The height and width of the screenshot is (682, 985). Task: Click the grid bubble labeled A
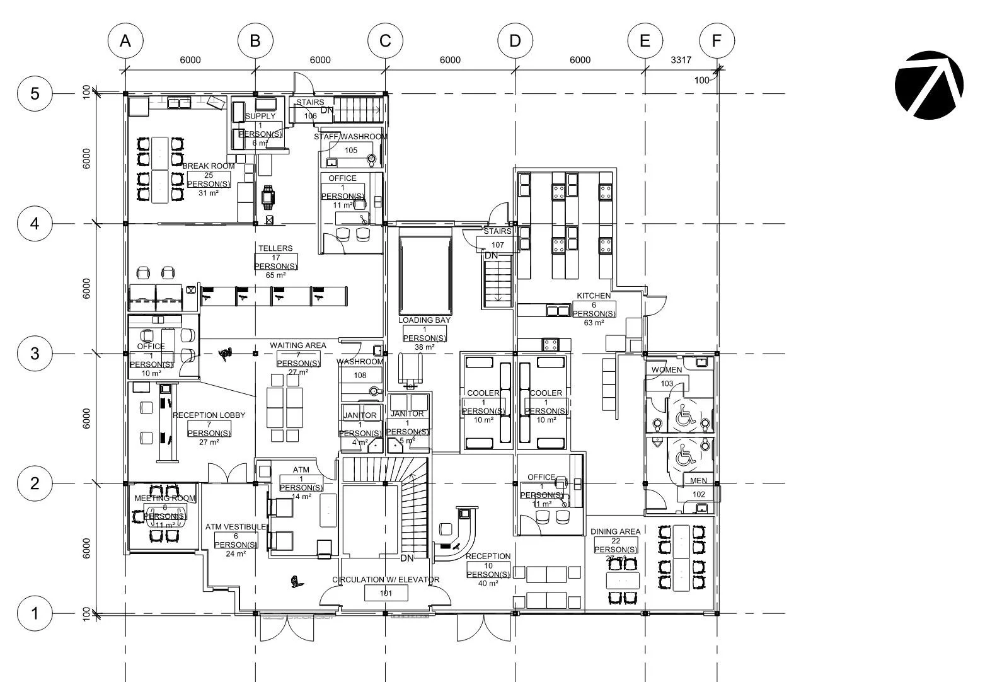coord(125,41)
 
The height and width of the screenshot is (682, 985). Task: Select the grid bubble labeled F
coord(717,41)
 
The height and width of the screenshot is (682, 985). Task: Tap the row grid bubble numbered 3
coord(35,354)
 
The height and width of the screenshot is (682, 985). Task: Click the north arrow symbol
coord(929,85)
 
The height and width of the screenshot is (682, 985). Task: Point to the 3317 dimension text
coord(681,61)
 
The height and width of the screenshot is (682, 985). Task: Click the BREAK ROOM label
coord(209,166)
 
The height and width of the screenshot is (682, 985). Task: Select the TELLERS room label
coord(275,248)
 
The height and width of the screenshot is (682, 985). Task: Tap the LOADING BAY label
coord(424,320)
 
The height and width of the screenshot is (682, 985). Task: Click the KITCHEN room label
coord(594,296)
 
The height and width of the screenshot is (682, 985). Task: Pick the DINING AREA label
coord(615,531)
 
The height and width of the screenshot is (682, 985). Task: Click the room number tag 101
coord(386,593)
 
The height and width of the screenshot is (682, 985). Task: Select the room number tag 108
coord(360,376)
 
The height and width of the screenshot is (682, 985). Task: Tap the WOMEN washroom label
coord(666,370)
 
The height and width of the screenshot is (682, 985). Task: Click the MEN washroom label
coord(699,481)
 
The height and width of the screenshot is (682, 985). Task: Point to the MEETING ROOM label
coord(165,498)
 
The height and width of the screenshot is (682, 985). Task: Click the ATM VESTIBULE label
coord(236,527)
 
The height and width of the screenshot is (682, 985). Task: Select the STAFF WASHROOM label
coord(351,137)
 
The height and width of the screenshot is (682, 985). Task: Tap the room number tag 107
coord(498,245)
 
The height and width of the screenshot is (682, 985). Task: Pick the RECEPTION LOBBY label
coord(209,415)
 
